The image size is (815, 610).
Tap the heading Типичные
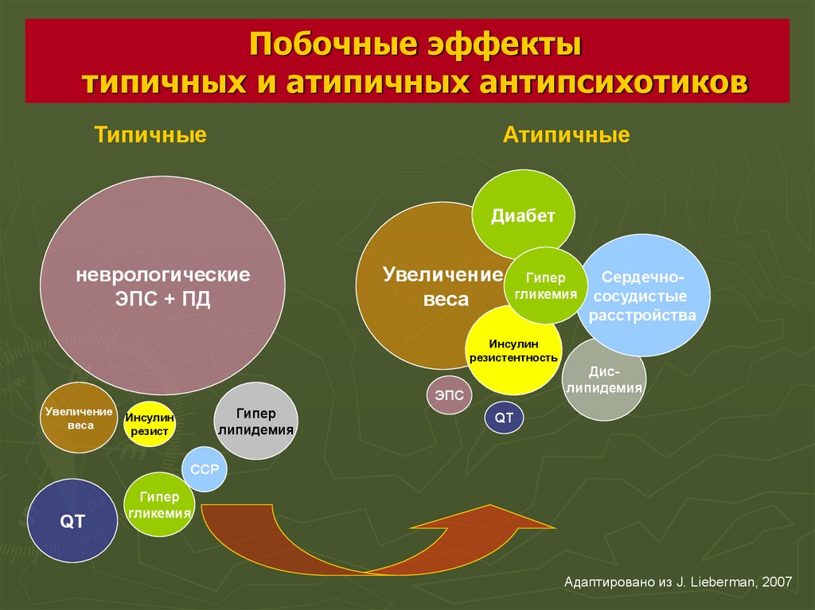150,134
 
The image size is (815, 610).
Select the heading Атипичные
566,134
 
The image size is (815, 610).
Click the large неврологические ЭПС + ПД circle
162,286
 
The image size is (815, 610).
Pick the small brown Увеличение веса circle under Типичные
79,418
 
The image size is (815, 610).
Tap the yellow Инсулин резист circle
149,423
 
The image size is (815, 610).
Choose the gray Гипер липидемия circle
255,421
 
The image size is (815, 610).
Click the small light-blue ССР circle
205,469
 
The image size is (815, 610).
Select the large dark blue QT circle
72,521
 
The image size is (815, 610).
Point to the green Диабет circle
523,215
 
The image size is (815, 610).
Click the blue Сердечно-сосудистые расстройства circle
643,295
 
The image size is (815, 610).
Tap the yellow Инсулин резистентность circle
513,350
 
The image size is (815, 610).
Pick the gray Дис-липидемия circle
604,380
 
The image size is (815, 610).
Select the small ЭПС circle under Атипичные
449,395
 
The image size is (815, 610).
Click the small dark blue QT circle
504,418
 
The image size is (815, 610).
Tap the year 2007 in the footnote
777,582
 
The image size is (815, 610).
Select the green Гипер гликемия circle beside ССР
159,504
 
